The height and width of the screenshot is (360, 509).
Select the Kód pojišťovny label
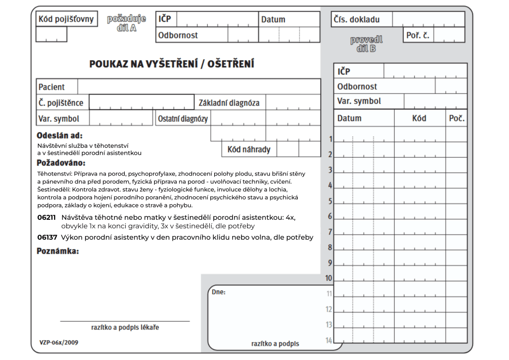pyautogui.click(x=66, y=19)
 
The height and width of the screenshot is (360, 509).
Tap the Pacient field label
pyautogui.click(x=52, y=87)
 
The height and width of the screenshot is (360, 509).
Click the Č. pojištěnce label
pyautogui.click(x=61, y=103)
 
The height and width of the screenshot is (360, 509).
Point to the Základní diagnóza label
pyautogui.click(x=229, y=103)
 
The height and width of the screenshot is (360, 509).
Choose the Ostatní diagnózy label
pyautogui.click(x=183, y=119)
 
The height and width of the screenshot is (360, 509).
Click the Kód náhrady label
pyautogui.click(x=249, y=149)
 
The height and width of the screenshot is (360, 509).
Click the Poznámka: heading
pyautogui.click(x=58, y=251)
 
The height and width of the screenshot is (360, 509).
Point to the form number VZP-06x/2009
pyautogui.click(x=59, y=342)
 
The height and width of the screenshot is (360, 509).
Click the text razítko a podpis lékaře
pyautogui.click(x=125, y=327)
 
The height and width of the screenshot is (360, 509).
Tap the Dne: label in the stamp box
pyautogui.click(x=218, y=292)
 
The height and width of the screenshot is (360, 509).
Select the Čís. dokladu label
pyautogui.click(x=355, y=19)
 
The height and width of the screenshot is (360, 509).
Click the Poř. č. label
pyautogui.click(x=418, y=35)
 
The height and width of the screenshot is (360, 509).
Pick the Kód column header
pyautogui.click(x=419, y=118)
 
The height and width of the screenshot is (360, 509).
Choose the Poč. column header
pyautogui.click(x=456, y=118)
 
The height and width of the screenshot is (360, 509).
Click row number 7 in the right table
pyautogui.click(x=330, y=232)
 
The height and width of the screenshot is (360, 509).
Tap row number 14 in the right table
pyautogui.click(x=329, y=341)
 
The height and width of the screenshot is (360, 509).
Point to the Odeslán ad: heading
pyautogui.click(x=60, y=135)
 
